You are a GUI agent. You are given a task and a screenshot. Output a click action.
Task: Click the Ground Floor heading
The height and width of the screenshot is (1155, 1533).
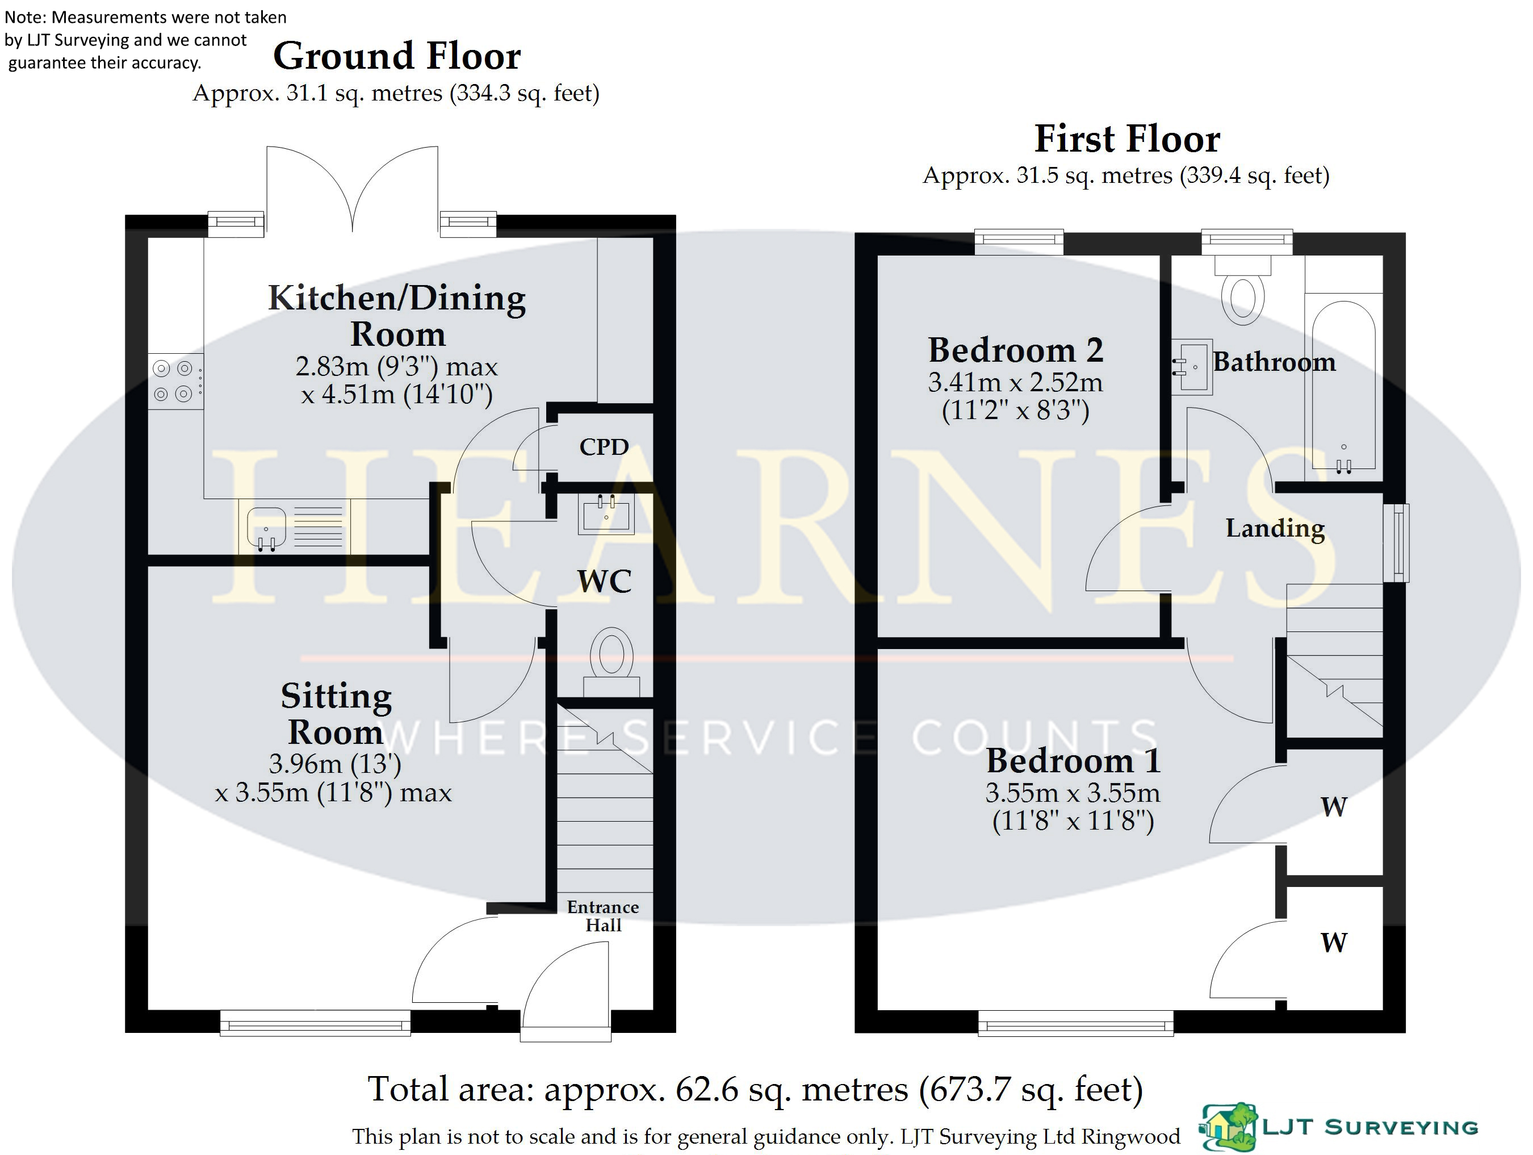(x=396, y=56)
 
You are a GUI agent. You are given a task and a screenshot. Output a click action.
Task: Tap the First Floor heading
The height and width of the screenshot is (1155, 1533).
(x=1127, y=139)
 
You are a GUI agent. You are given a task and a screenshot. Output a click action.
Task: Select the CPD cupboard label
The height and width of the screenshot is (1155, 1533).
(x=604, y=447)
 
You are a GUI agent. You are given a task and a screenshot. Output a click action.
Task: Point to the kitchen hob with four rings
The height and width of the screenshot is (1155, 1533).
(x=176, y=381)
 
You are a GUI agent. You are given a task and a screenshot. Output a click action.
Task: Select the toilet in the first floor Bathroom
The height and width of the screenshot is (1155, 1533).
(x=1243, y=290)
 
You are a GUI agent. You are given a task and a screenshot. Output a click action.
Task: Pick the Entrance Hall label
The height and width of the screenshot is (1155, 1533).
(x=603, y=916)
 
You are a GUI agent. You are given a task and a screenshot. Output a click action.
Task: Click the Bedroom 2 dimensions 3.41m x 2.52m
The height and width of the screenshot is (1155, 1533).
(x=1015, y=382)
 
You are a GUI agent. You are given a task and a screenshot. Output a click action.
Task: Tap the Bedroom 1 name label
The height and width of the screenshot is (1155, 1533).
(x=1073, y=760)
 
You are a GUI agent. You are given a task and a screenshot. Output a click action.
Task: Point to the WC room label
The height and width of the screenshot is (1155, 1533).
(x=604, y=581)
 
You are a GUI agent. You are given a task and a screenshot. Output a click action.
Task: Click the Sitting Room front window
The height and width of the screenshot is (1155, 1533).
(x=315, y=1023)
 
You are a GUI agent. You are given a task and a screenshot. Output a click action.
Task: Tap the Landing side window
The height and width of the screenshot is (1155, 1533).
(x=1396, y=543)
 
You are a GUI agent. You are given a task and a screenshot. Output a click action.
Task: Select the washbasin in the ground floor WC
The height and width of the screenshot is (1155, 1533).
(x=606, y=514)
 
